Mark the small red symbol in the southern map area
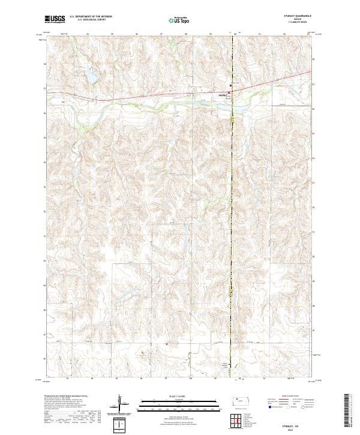167,344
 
